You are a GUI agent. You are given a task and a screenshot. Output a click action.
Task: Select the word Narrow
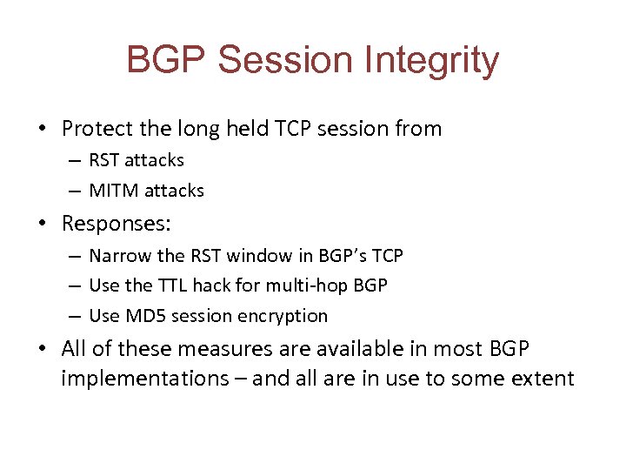117,256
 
